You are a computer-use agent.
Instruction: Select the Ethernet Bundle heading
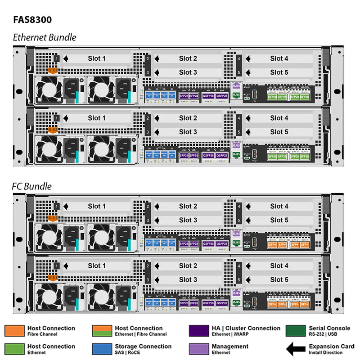(x=44, y=37)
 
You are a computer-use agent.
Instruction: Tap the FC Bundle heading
(x=31, y=186)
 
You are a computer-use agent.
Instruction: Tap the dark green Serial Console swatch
(x=295, y=331)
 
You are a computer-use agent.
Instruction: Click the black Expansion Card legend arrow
(x=295, y=349)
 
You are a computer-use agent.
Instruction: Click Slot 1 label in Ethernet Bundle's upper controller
(x=97, y=58)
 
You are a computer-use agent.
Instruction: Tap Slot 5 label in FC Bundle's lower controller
(x=279, y=279)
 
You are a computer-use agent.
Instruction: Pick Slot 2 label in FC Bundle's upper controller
(x=188, y=206)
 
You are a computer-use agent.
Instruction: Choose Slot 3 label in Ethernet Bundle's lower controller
(x=188, y=132)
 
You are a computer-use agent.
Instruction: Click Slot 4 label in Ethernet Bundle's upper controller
(x=279, y=58)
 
